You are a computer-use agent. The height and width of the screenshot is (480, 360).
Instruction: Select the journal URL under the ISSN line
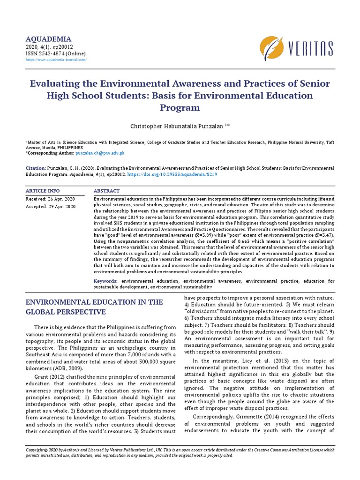[x=56, y=60]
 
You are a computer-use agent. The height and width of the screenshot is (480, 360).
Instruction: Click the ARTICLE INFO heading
[x=43, y=191]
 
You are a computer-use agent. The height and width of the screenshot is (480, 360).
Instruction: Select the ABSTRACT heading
[x=106, y=191]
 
